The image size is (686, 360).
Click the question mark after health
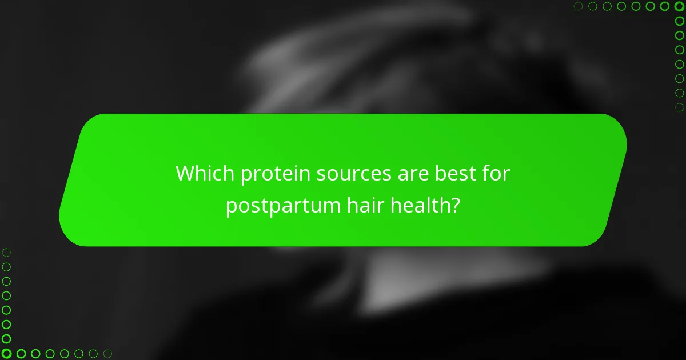click(x=455, y=205)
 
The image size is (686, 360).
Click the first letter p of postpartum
click(x=231, y=207)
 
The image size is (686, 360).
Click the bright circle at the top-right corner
click(x=679, y=6)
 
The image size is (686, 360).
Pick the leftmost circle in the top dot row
click(x=579, y=6)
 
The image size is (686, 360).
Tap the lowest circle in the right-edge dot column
click(x=679, y=107)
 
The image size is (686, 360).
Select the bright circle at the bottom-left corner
click(x=6, y=354)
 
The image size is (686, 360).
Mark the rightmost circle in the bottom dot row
click(x=107, y=354)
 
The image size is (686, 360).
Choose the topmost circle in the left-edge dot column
click(x=6, y=252)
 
